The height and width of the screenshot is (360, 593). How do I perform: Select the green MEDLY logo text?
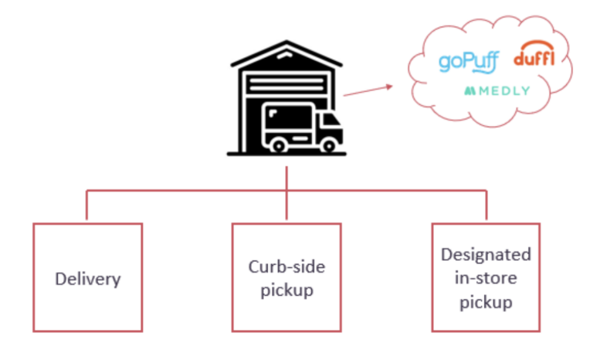[503, 91]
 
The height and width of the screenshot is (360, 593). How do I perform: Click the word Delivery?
[88, 279]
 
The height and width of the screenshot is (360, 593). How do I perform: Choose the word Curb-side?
[286, 267]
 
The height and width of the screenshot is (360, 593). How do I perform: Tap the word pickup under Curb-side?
[286, 290]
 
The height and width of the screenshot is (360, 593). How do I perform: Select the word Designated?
[486, 254]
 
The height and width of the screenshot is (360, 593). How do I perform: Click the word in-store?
[486, 278]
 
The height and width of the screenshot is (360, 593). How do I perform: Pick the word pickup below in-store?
[486, 302]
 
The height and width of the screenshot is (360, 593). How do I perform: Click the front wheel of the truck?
[330, 144]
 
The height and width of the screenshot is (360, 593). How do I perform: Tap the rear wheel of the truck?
[278, 144]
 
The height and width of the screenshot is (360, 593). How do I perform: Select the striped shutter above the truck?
[287, 86]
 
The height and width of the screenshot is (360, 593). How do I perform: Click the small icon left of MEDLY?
[469, 91]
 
